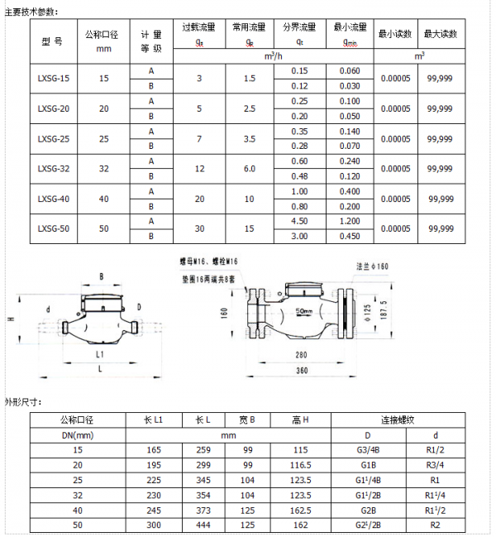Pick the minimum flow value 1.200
pos(350,220)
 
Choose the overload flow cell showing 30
pos(198,228)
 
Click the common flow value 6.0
pos(249,168)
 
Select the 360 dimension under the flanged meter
pos(302,370)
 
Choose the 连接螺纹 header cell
pos(395,420)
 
